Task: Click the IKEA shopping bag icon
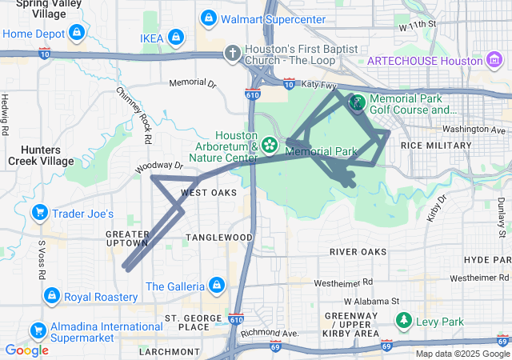[177, 37]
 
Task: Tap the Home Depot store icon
[76, 33]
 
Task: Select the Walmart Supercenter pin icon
[208, 17]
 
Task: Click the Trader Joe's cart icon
[38, 213]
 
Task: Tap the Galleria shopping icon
[215, 285]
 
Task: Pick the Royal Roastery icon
[51, 296]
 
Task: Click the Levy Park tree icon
[404, 321]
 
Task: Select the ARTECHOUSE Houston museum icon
[494, 60]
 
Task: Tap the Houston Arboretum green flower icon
[270, 145]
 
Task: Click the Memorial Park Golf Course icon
[357, 102]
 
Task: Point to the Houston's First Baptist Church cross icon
[232, 53]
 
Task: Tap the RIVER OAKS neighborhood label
[358, 252]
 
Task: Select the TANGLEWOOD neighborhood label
[219, 238]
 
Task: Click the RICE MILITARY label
[436, 146]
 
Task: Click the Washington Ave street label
[476, 129]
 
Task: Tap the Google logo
[26, 350]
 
